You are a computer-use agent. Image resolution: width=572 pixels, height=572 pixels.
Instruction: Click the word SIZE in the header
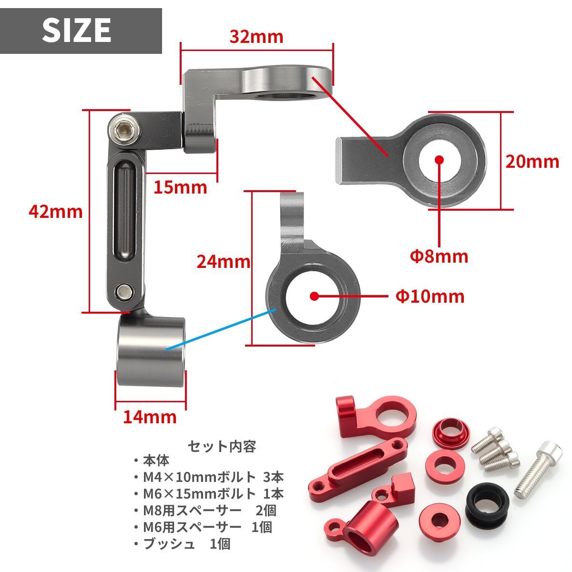tap(77, 30)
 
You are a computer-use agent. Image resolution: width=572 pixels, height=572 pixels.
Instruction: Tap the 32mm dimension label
tap(256, 37)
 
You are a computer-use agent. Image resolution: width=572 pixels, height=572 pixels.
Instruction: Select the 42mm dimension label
tap(55, 212)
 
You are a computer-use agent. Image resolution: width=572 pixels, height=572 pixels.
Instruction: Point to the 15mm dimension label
tap(180, 187)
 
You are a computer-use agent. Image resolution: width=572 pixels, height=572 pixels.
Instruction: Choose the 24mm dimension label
tap(224, 262)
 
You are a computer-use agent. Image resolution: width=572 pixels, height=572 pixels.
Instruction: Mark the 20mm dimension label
tap(532, 162)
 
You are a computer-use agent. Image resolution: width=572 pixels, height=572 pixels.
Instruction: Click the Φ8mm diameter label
tap(439, 256)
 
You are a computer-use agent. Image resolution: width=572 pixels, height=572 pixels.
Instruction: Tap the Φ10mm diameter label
tap(430, 296)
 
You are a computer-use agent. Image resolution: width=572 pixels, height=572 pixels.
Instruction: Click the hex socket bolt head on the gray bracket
tap(124, 131)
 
